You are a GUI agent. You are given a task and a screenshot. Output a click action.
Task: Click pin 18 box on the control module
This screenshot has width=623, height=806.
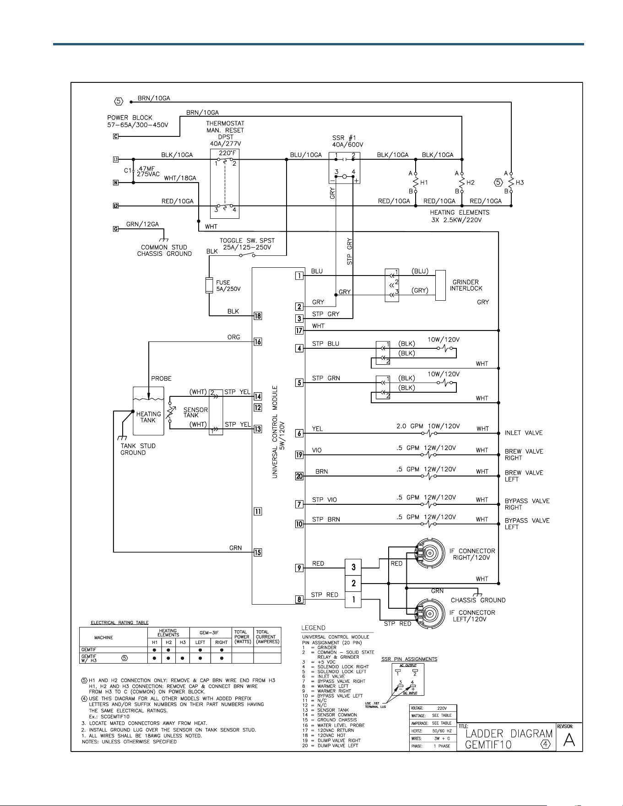[258, 316]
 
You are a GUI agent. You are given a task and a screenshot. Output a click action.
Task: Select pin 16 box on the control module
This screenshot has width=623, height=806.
[258, 342]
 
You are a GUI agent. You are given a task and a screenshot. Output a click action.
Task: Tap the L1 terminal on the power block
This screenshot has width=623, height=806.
[116, 160]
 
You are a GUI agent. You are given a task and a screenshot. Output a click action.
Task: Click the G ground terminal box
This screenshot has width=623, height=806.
[116, 229]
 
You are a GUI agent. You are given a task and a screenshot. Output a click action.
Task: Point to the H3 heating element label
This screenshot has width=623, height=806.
[520, 183]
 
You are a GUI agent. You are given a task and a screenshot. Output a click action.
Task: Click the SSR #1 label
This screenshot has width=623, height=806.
[344, 138]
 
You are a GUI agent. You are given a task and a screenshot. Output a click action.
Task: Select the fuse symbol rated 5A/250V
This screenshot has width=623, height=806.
[209, 285]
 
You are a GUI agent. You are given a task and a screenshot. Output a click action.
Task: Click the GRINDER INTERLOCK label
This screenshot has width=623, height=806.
[466, 285]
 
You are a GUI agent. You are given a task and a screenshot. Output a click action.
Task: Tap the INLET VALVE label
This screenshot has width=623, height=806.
[524, 433]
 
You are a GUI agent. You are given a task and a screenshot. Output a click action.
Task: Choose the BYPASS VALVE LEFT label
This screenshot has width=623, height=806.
[527, 524]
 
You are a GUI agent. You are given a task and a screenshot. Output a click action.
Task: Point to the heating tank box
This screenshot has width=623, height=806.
[148, 411]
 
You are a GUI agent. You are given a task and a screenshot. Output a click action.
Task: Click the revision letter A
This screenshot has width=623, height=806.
[569, 740]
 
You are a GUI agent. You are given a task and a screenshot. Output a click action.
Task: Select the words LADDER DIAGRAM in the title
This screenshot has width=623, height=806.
[509, 734]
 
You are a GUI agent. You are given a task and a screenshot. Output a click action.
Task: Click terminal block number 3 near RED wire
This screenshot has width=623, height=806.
[353, 568]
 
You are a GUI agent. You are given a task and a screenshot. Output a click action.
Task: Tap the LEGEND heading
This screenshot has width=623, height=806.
[314, 628]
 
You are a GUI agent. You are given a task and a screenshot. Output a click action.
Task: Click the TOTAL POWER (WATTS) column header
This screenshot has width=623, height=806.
[242, 637]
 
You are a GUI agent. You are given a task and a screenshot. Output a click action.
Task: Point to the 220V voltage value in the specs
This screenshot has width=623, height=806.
[442, 708]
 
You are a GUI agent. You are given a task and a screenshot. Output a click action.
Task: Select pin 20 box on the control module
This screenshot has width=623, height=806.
[299, 476]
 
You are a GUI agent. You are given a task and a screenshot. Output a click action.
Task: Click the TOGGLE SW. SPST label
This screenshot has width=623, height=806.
[247, 241]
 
